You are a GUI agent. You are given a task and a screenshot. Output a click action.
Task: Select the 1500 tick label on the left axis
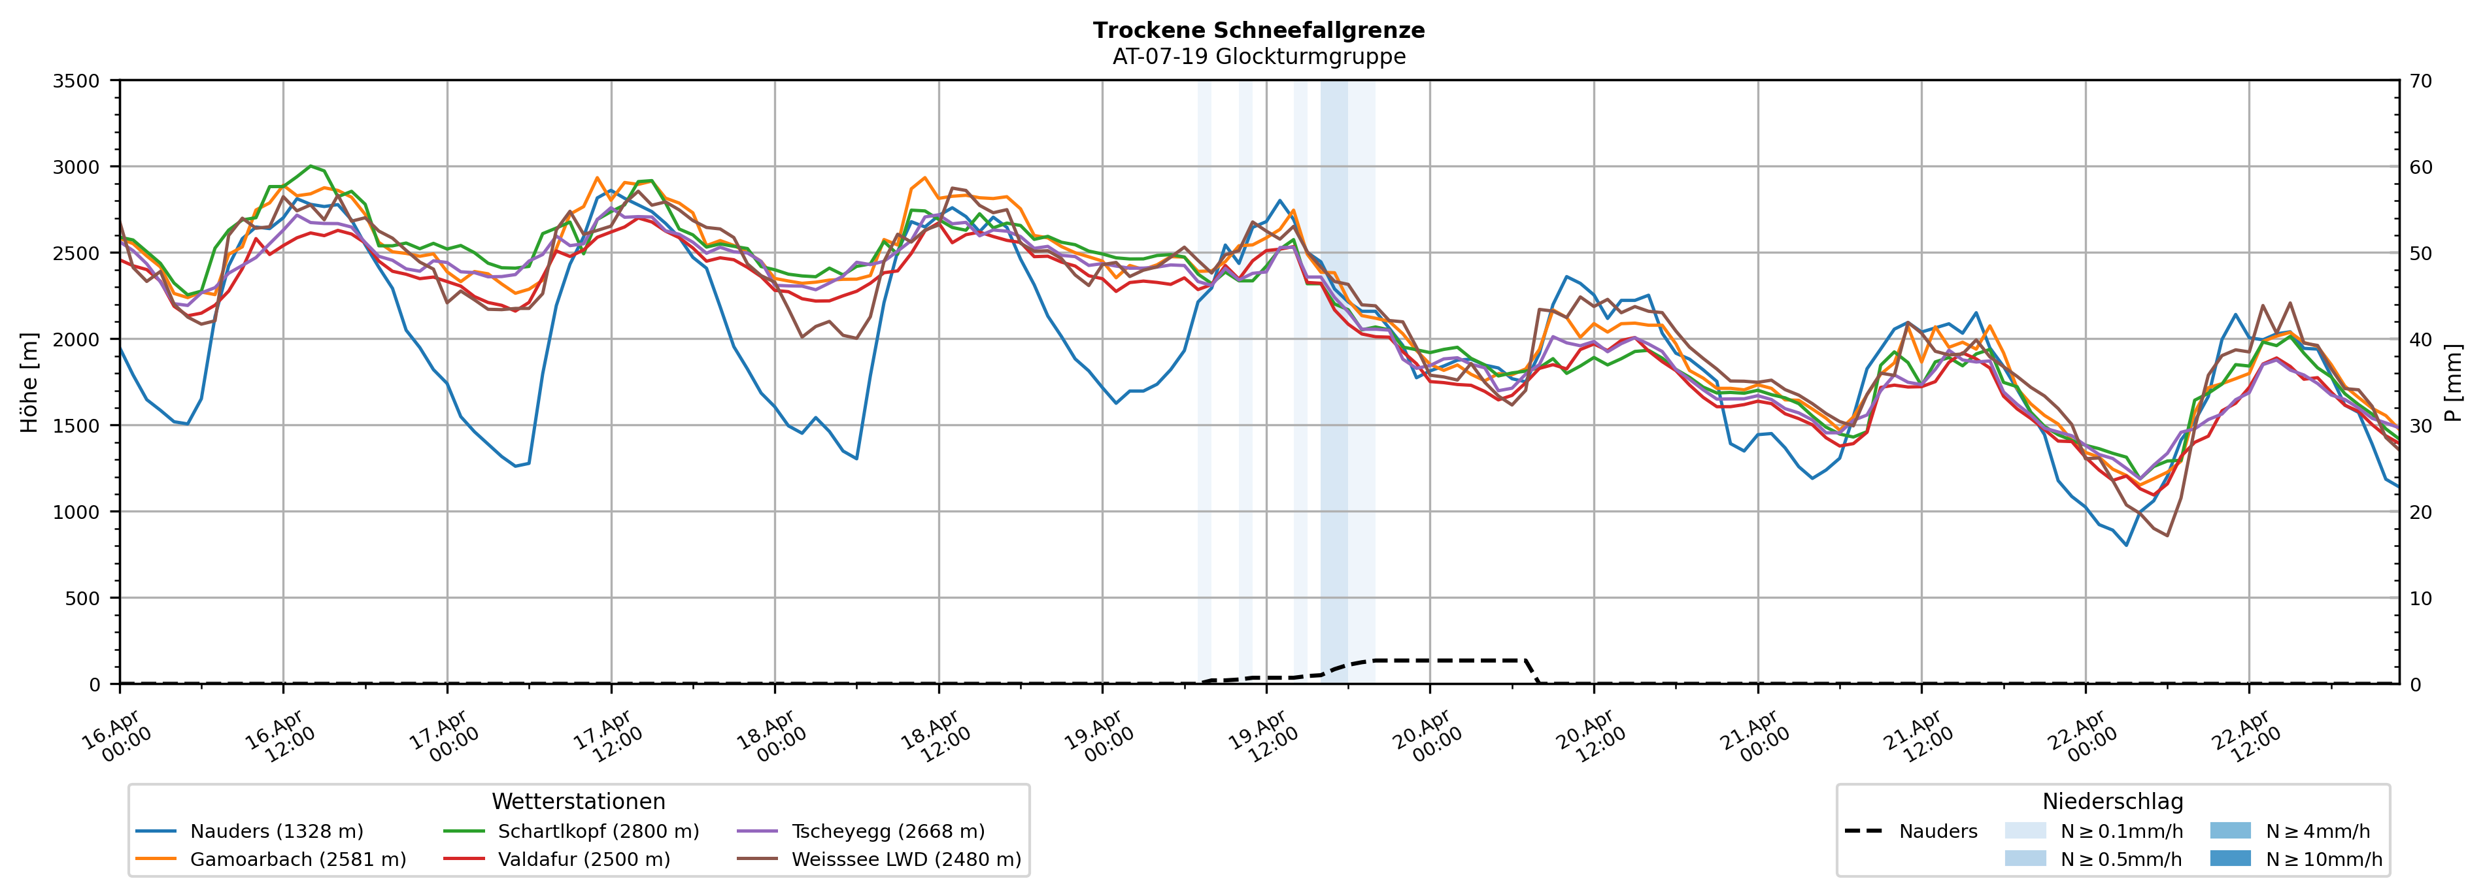[x=76, y=425]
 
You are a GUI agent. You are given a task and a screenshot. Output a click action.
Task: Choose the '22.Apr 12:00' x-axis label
[x=2247, y=738]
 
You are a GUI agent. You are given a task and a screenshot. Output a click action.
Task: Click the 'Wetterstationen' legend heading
[x=578, y=801]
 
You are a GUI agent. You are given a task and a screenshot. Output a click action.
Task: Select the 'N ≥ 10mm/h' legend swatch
[x=2229, y=858]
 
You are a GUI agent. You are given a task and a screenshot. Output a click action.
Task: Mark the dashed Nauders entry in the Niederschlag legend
[x=1910, y=831]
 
